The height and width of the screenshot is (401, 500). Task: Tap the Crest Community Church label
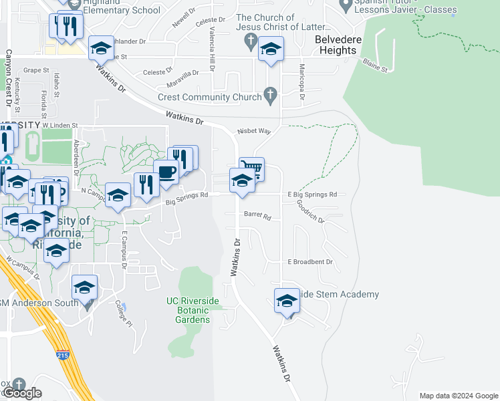click(x=209, y=98)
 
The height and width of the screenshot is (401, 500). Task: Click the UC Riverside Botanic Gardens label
click(x=193, y=310)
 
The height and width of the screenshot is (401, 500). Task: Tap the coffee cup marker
click(x=166, y=172)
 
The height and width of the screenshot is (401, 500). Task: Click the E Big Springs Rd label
click(x=311, y=194)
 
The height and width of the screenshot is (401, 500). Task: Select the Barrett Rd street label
click(x=257, y=216)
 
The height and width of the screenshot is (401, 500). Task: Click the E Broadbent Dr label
click(x=309, y=262)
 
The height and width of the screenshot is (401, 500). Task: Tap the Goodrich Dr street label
click(x=310, y=212)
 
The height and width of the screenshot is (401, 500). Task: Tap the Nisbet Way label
click(x=253, y=132)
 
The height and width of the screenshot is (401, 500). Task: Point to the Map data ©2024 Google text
click(x=458, y=396)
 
